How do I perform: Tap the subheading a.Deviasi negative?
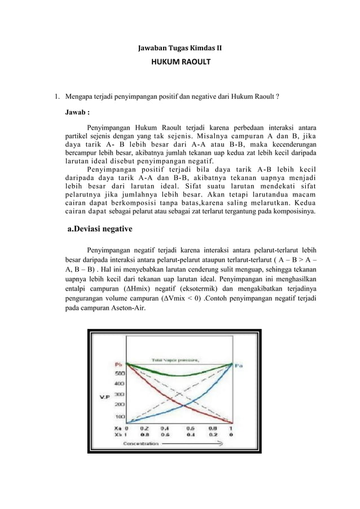100,229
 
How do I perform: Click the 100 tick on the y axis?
120,417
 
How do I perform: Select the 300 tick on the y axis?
120,395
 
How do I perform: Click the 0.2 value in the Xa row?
145,428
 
